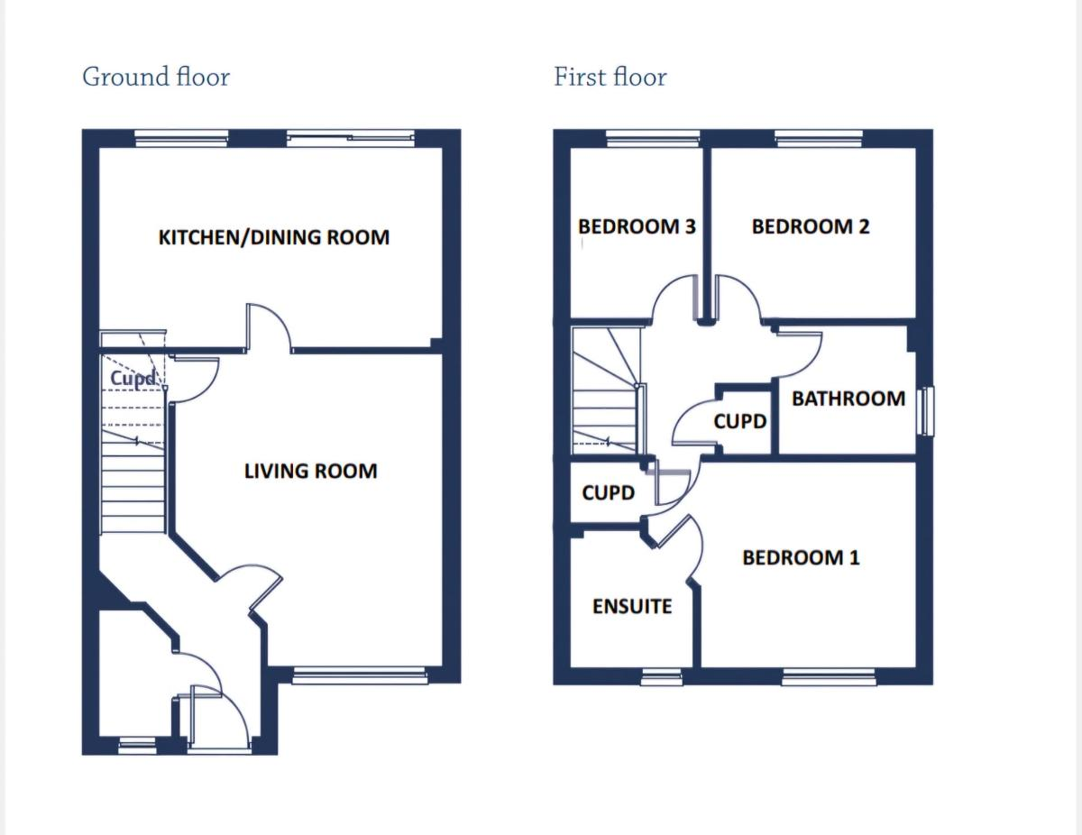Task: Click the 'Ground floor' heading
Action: (156, 77)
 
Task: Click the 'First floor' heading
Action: (610, 77)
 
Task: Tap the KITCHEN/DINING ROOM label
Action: (274, 237)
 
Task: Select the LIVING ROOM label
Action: (310, 471)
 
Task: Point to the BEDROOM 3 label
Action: (637, 226)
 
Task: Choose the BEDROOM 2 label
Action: (811, 226)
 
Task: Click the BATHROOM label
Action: (848, 399)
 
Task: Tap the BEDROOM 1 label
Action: (801, 557)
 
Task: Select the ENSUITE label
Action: (632, 606)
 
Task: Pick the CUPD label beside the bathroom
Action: (740, 421)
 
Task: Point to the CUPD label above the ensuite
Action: (609, 493)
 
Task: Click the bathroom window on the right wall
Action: (927, 411)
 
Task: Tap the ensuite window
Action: (662, 677)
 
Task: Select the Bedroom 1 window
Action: (828, 677)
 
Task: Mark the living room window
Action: (358, 675)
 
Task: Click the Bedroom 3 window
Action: (653, 138)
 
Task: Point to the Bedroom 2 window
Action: (819, 138)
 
